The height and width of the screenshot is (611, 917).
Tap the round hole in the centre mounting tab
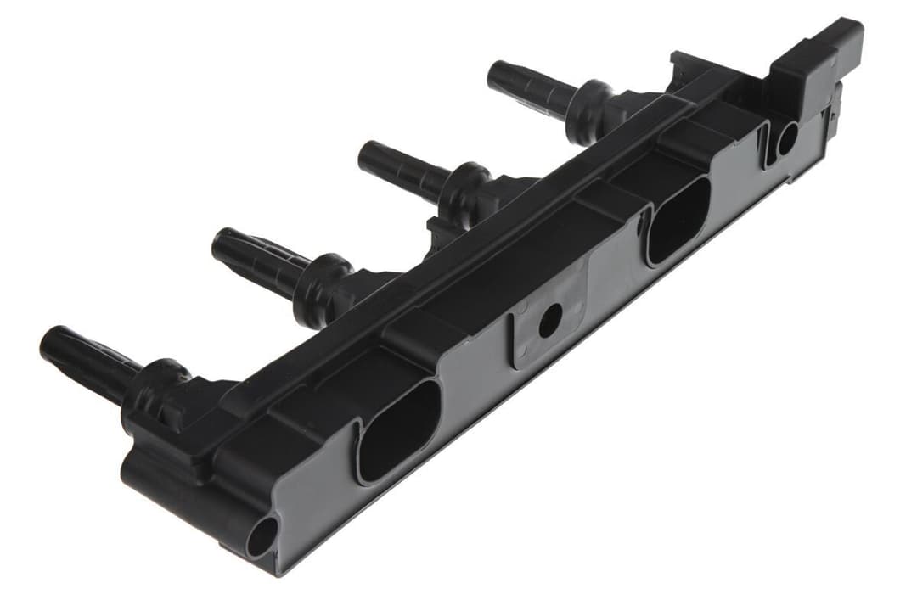(x=549, y=319)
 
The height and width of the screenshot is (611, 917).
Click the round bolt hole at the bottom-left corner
(x=262, y=536)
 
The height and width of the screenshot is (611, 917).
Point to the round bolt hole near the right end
(x=786, y=138)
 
